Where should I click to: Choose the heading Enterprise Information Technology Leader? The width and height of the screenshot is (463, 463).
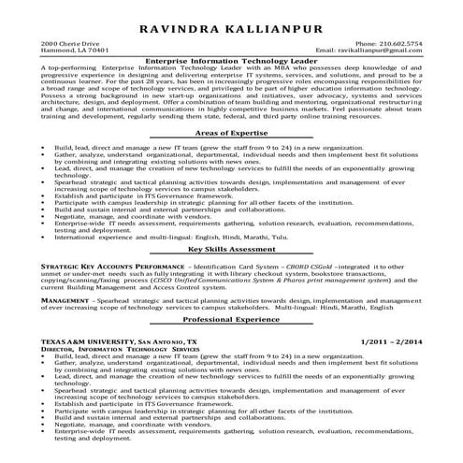(231, 62)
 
